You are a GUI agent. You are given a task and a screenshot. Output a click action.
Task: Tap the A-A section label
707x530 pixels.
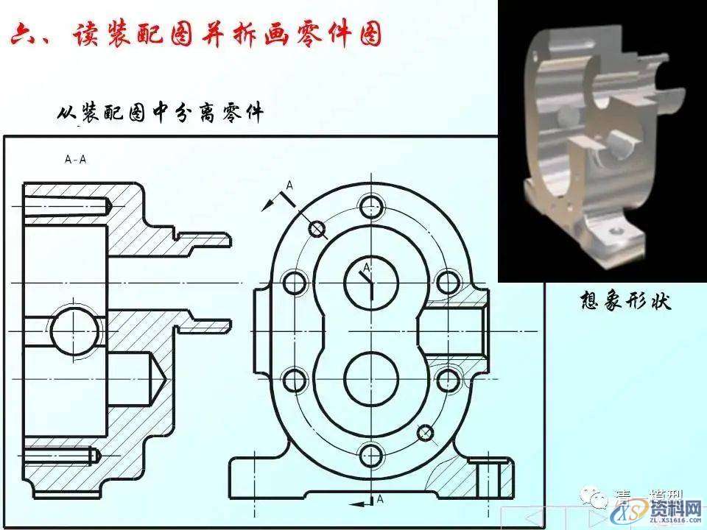tap(76, 158)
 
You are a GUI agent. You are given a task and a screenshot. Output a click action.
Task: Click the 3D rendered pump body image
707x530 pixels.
tap(600, 140)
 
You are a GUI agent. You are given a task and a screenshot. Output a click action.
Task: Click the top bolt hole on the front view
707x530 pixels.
tap(373, 204)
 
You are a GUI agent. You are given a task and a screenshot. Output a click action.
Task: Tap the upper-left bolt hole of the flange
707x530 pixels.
tap(295, 281)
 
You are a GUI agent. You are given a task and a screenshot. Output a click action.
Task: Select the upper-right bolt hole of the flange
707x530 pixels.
tap(449, 281)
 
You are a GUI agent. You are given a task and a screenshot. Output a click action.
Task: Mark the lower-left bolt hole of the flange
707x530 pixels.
tap(295, 380)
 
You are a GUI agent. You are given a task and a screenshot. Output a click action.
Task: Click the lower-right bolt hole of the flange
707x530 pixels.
tap(449, 380)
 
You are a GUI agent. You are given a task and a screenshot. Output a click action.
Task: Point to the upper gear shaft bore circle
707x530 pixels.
tap(372, 280)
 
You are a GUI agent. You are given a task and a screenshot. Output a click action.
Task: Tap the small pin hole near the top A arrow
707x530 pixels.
tap(317, 230)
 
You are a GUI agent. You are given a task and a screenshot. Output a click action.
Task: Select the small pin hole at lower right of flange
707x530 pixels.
tap(425, 432)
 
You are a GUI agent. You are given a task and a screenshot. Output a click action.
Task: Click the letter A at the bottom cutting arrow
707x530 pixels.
tap(380, 499)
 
